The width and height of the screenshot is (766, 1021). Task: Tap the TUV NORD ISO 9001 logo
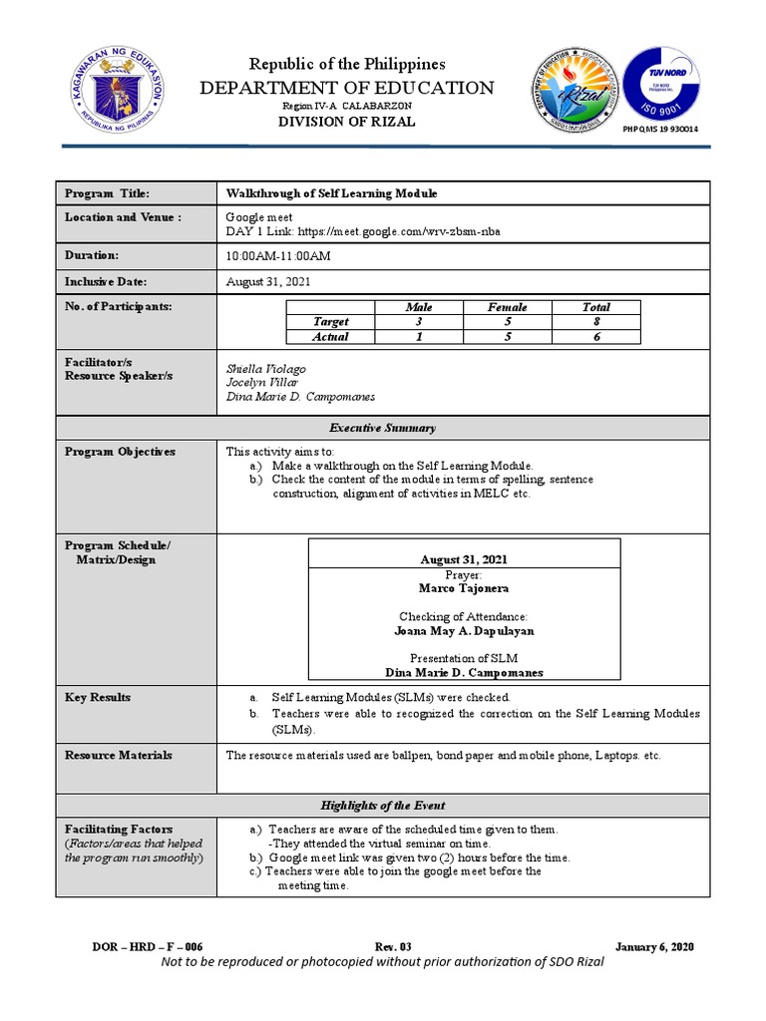pos(660,81)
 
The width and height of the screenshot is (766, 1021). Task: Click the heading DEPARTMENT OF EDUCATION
pos(347,88)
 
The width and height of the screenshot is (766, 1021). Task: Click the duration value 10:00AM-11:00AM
pos(278,256)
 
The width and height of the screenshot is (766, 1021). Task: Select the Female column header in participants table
pos(507,307)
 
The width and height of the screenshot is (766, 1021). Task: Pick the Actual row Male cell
pos(419,337)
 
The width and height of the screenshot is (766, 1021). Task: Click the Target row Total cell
pos(595,322)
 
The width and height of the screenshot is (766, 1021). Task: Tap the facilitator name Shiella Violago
pos(266,369)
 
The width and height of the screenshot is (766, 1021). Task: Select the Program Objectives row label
pos(120,452)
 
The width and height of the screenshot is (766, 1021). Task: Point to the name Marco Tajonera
pos(464,589)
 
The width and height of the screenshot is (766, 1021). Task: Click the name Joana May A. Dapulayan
pos(464,631)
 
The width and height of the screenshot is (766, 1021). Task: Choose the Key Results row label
pos(98,697)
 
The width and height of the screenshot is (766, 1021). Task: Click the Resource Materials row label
pos(119,755)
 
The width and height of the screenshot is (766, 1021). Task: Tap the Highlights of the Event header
pos(383,805)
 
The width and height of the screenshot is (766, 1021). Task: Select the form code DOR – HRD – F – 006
pos(147,946)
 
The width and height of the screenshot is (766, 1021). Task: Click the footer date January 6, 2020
pos(654,946)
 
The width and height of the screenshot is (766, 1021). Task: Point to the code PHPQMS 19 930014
pos(660,130)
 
